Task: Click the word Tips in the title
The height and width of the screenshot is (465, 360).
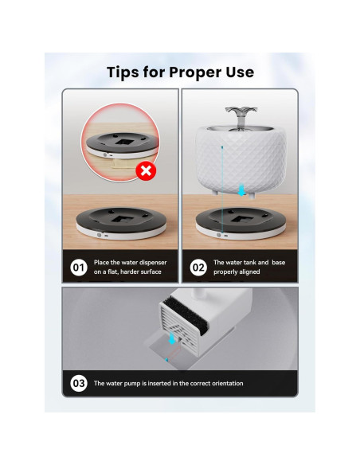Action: click(x=127, y=72)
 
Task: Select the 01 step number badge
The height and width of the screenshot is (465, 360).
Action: click(x=79, y=268)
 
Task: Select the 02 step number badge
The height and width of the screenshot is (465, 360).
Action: click(x=198, y=268)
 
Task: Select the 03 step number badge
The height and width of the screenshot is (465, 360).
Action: click(x=79, y=384)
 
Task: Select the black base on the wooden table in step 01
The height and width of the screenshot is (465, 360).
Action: click(x=119, y=221)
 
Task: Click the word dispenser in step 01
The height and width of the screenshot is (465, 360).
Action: click(x=148, y=263)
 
